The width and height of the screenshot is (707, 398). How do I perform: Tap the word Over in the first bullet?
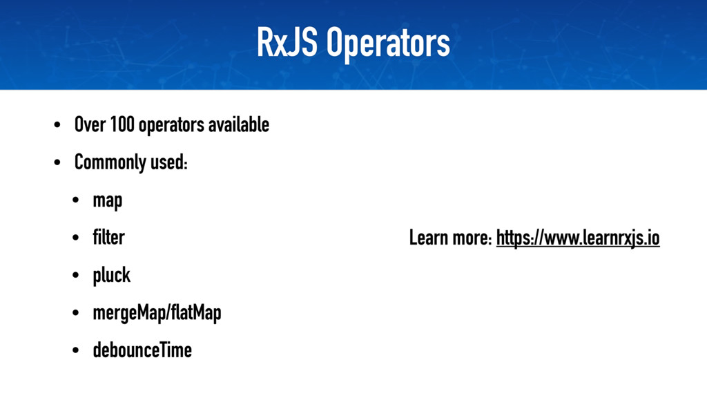click(88, 126)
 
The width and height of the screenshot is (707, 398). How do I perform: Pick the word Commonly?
click(110, 164)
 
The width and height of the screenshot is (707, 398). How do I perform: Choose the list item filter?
click(108, 238)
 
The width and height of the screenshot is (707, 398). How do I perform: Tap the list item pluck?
click(111, 276)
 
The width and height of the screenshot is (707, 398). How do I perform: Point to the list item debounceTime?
click(142, 350)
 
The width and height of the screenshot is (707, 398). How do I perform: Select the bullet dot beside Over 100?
click(57, 126)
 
